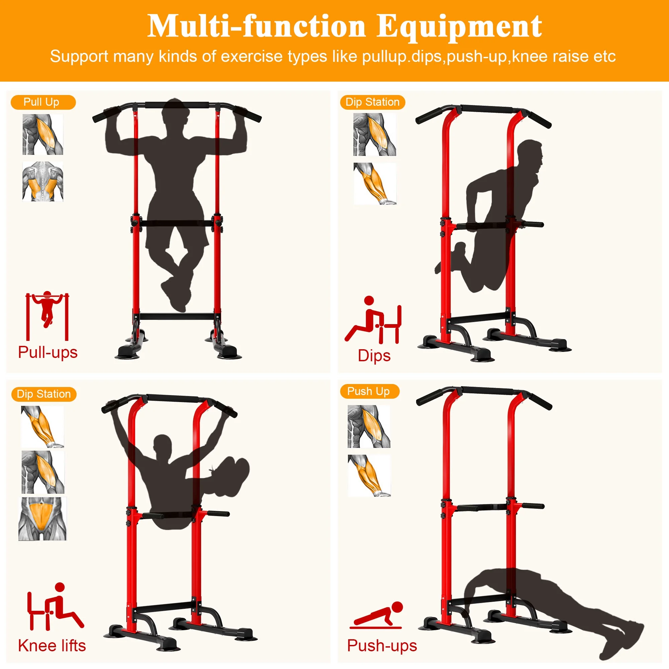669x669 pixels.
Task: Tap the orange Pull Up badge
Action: (x=43, y=102)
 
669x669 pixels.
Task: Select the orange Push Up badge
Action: (x=370, y=391)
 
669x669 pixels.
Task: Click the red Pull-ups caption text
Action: (x=48, y=353)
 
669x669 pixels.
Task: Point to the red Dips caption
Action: (x=374, y=356)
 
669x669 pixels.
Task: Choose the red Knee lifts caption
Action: (x=52, y=646)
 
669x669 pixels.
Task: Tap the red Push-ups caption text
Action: (x=382, y=646)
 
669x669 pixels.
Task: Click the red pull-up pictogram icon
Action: (x=47, y=316)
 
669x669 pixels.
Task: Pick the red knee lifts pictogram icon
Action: (x=56, y=607)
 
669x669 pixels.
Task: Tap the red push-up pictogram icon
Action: (x=377, y=615)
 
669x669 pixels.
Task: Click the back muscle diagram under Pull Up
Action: (x=43, y=181)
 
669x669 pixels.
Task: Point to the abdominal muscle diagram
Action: (x=42, y=519)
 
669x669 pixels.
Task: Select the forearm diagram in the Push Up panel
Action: (x=369, y=476)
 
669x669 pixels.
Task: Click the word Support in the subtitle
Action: (x=79, y=57)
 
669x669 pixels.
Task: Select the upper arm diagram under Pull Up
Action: (x=43, y=135)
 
